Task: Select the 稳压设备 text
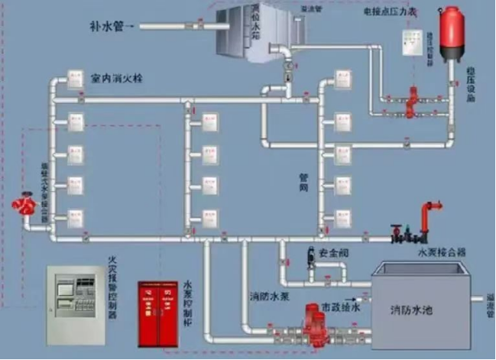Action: tap(471, 85)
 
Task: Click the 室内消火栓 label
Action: tap(116, 78)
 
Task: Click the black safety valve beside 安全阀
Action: tap(311, 255)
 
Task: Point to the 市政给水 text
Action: tap(339, 306)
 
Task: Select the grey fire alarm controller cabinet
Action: tap(75, 304)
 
